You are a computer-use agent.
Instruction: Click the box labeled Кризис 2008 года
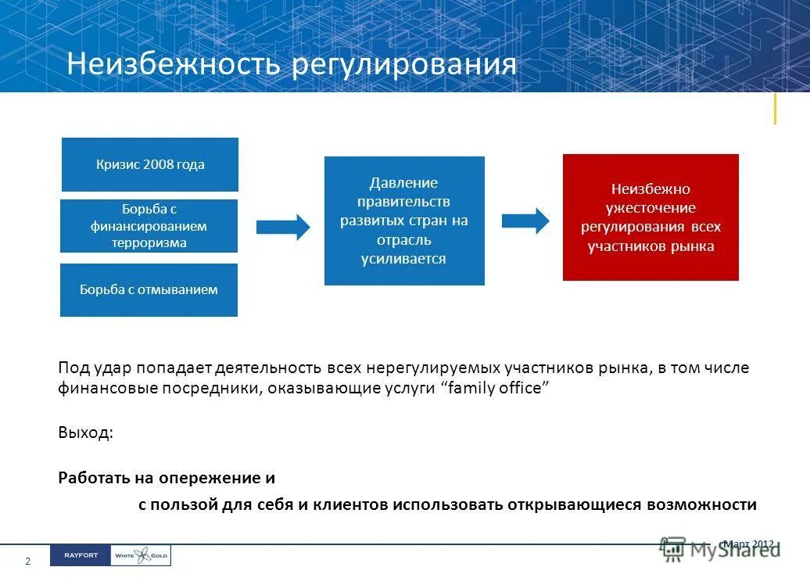(150, 164)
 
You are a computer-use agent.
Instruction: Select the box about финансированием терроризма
(149, 226)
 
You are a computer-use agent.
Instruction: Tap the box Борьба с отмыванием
(149, 290)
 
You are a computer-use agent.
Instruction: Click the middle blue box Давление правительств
(404, 221)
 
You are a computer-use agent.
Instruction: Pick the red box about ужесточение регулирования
(651, 217)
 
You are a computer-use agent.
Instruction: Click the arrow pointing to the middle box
(283, 227)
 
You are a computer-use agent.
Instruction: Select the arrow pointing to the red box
(525, 220)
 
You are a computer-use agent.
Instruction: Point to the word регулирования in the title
(404, 64)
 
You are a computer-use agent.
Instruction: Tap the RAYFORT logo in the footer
(80, 555)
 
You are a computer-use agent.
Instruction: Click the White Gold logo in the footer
(141, 555)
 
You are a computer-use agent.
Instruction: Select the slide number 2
(28, 562)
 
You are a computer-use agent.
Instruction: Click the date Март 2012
(749, 544)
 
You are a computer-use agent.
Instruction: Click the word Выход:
(85, 433)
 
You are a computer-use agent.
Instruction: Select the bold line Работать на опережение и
(167, 478)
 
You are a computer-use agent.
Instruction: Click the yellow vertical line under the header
(775, 109)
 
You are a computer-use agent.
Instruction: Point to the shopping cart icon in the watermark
(672, 549)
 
